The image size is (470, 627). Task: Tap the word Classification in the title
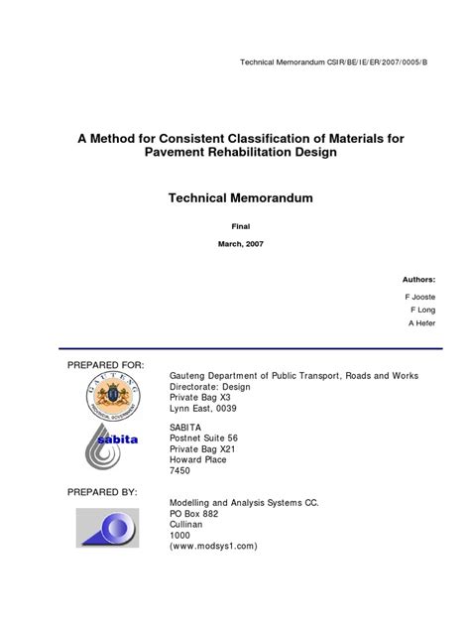tap(278, 137)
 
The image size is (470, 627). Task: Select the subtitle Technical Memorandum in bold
tap(240, 198)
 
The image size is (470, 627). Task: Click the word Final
tap(240, 226)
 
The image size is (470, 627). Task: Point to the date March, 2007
tap(240, 244)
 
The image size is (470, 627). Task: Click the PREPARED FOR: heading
tap(105, 366)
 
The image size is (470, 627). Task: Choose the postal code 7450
tap(182, 471)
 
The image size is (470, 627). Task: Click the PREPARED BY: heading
tap(103, 491)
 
